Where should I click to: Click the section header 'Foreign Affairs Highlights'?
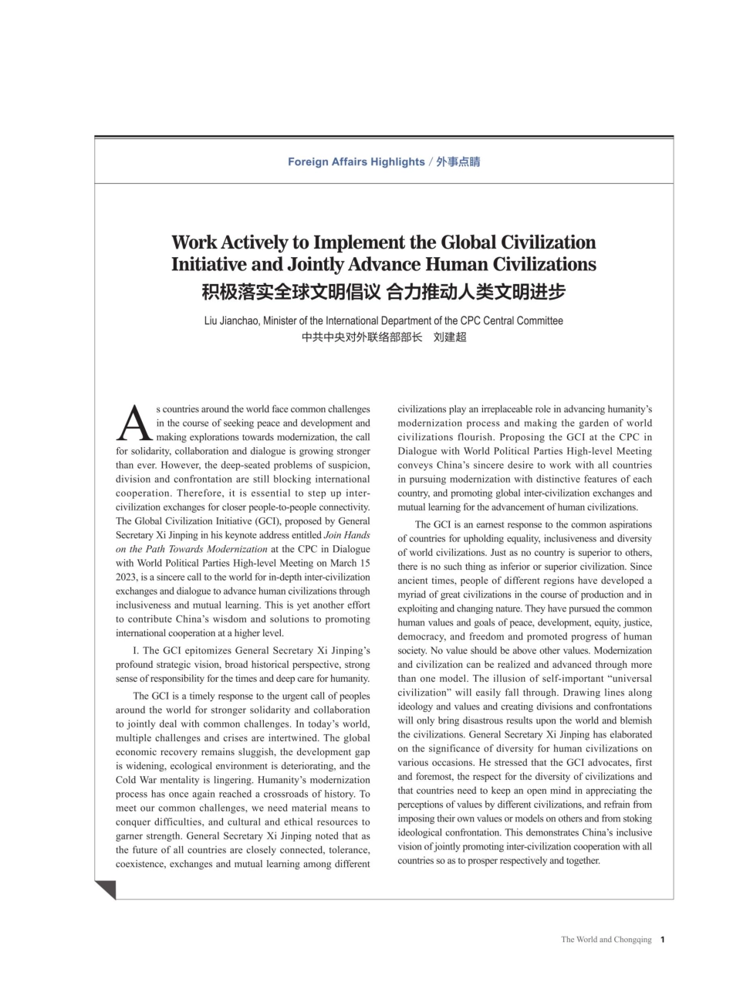click(356, 162)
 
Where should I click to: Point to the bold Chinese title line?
click(383, 292)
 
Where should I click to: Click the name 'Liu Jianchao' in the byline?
click(231, 320)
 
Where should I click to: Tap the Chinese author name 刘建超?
click(450, 337)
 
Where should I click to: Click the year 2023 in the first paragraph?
click(127, 576)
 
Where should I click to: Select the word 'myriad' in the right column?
click(411, 595)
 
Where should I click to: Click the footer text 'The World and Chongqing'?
click(606, 940)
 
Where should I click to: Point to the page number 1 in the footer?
click(663, 940)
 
